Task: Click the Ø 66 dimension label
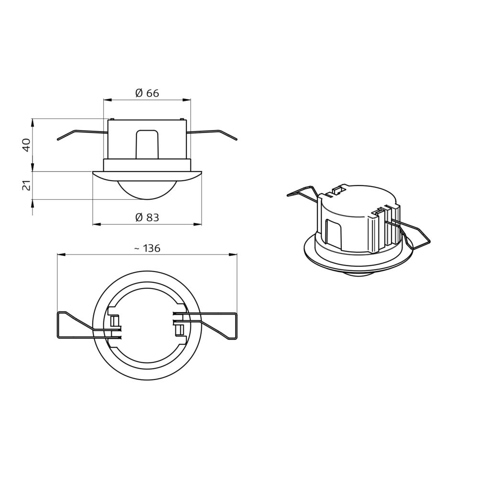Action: tap(147, 93)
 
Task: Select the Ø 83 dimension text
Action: tap(147, 217)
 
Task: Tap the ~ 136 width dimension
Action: tap(147, 249)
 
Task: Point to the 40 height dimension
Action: tap(27, 145)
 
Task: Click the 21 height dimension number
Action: tap(27, 185)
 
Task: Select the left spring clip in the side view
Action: tap(82, 134)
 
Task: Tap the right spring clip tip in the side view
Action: tap(236, 140)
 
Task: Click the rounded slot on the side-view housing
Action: tap(147, 144)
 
